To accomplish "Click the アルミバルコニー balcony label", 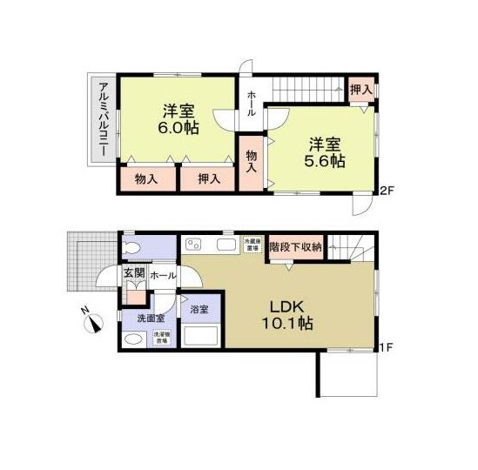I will [x=103, y=119].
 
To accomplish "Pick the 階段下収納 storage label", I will [x=295, y=247].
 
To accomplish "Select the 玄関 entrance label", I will [x=133, y=274].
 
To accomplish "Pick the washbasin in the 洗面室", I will [x=133, y=338].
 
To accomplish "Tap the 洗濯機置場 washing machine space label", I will [x=162, y=339].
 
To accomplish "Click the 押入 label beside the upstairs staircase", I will [x=360, y=90].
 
